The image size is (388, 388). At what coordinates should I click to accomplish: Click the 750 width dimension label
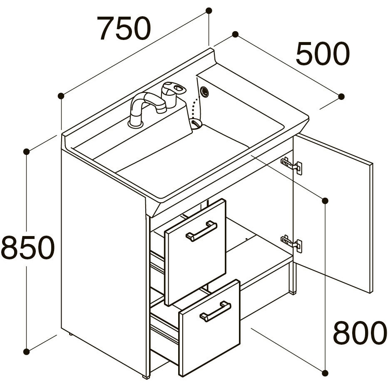point(124,28)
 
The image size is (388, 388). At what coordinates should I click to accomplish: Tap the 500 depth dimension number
point(323,54)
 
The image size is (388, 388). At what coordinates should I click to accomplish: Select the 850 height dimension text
point(27,247)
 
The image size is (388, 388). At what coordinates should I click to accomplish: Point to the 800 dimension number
point(360,333)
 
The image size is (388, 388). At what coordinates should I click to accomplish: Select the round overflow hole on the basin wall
point(204,92)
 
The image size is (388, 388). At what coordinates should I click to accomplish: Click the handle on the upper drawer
point(201,231)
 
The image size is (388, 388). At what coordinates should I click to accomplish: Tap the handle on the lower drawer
point(215,311)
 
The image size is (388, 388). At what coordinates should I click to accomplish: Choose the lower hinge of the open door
point(292,244)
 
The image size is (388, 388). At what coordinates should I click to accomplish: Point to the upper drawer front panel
point(195,252)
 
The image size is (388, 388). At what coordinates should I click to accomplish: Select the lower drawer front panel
point(209,331)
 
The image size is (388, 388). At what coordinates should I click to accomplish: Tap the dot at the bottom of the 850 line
point(26,351)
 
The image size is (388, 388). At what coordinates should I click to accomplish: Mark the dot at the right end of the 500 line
point(341,97)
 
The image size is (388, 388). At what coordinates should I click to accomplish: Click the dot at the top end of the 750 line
point(209,11)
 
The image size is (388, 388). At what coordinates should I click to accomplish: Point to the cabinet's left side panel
point(104,265)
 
